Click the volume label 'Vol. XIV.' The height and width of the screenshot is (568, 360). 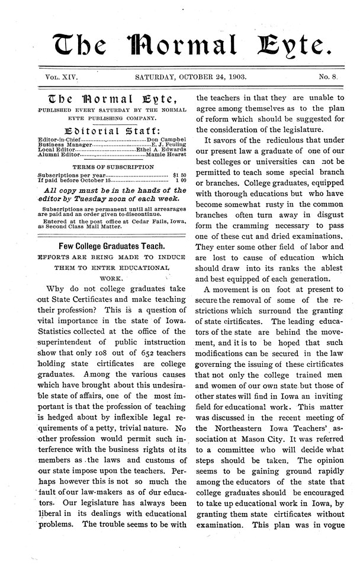62,77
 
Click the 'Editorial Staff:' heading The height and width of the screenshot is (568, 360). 112,128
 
